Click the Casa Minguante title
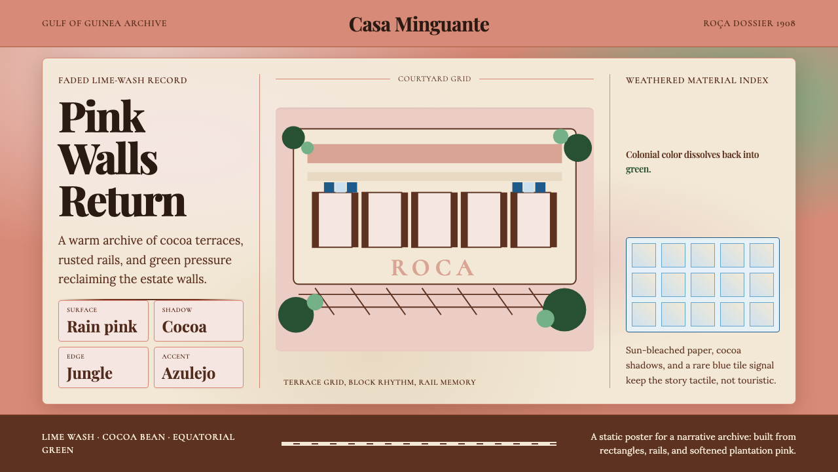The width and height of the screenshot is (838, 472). pyautogui.click(x=419, y=25)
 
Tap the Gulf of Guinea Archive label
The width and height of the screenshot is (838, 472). pyautogui.click(x=104, y=23)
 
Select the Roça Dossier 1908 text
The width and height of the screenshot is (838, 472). pyautogui.click(x=750, y=23)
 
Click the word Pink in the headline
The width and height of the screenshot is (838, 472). pyautogui.click(x=101, y=117)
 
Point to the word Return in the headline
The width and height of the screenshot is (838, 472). pyautogui.click(x=122, y=201)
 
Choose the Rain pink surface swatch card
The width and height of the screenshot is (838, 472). pyautogui.click(x=103, y=321)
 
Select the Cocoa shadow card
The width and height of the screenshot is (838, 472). pyautogui.click(x=198, y=321)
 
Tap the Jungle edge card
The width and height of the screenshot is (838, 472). pyautogui.click(x=103, y=368)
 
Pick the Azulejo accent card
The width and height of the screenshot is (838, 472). pyautogui.click(x=198, y=368)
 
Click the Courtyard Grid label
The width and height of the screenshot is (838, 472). pyautogui.click(x=434, y=79)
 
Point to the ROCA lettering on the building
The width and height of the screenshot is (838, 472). pyautogui.click(x=433, y=268)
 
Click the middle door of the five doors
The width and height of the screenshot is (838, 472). pyautogui.click(x=434, y=220)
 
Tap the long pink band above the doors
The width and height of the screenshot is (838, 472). pyautogui.click(x=434, y=153)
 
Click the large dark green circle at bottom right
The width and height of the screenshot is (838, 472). pyautogui.click(x=564, y=310)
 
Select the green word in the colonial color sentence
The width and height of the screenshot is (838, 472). pyautogui.click(x=638, y=169)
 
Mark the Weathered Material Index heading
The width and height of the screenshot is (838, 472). pyautogui.click(x=697, y=81)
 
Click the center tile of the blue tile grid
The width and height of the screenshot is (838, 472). pyautogui.click(x=702, y=285)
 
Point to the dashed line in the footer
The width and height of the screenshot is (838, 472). pyautogui.click(x=419, y=444)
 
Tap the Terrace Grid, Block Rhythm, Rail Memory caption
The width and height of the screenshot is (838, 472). pyautogui.click(x=379, y=382)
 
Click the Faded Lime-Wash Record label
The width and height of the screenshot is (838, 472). pyautogui.click(x=122, y=81)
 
